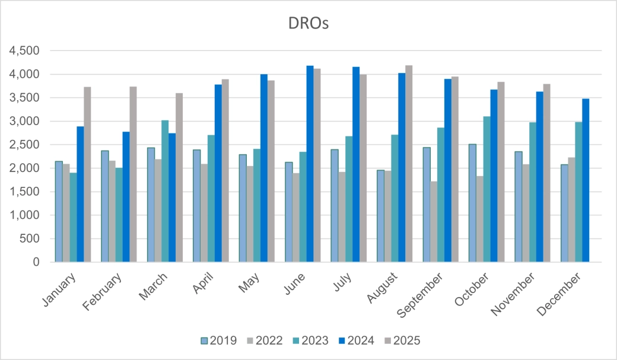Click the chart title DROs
click(308, 24)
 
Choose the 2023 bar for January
click(73, 217)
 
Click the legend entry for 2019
click(219, 340)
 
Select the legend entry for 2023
click(311, 340)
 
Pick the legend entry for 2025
click(403, 340)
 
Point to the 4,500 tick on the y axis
click(24, 51)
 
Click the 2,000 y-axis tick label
click(24, 168)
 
